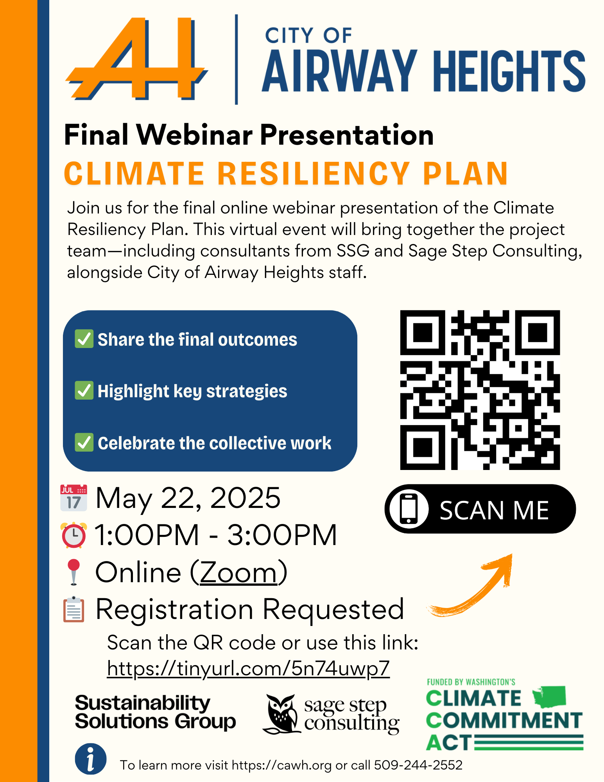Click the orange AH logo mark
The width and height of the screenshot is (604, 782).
click(x=137, y=59)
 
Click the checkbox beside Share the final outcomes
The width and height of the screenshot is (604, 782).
click(x=84, y=339)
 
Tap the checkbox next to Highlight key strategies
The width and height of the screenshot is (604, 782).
click(x=84, y=390)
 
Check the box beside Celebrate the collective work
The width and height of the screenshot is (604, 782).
click(x=84, y=442)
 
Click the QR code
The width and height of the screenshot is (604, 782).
click(x=480, y=390)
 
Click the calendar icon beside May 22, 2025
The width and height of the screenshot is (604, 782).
click(x=73, y=498)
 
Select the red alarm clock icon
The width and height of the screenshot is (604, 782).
click(x=73, y=534)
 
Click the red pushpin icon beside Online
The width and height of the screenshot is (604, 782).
click(x=73, y=572)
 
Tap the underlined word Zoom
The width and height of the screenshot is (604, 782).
click(x=238, y=573)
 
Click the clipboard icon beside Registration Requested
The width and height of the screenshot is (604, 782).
click(x=73, y=609)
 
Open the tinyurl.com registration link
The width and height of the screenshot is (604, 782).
click(x=248, y=669)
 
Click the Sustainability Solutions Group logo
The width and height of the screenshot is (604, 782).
click(x=155, y=712)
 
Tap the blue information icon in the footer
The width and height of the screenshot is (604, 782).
click(x=91, y=759)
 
